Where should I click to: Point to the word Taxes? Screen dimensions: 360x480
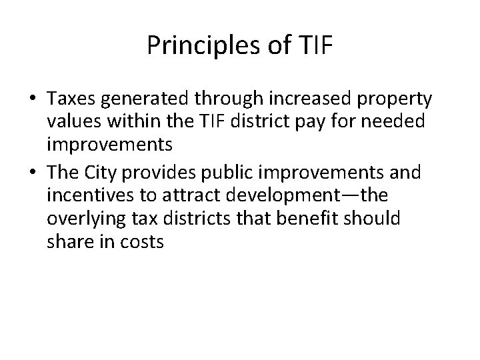pos(71,99)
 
